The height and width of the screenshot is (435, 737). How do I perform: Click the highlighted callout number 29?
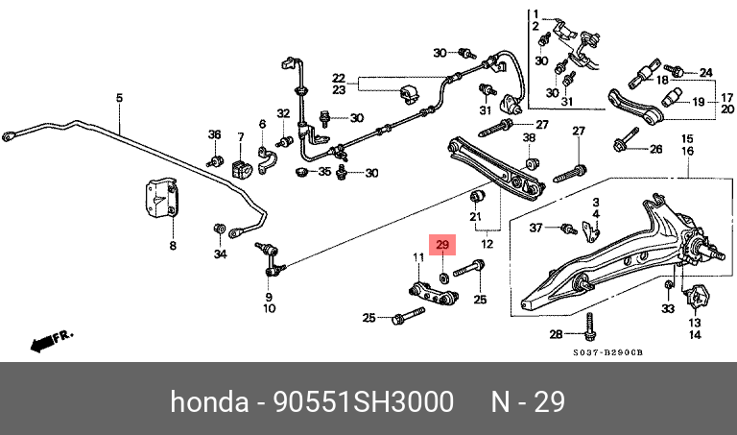(x=442, y=245)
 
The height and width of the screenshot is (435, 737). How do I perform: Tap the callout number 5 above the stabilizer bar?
(x=119, y=98)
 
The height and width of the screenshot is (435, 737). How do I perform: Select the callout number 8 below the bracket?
(x=173, y=245)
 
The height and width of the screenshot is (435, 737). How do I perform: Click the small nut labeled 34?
(x=219, y=229)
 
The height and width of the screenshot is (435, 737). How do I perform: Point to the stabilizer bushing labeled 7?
(x=242, y=168)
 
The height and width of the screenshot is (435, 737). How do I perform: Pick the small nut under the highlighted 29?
(x=443, y=278)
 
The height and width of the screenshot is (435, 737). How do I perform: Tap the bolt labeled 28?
(x=588, y=326)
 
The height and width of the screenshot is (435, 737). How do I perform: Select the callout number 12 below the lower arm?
(x=487, y=244)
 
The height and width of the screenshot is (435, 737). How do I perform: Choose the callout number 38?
(x=530, y=137)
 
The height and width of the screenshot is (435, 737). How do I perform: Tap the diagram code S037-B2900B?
(x=607, y=352)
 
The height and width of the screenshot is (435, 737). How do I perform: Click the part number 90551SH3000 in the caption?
(x=364, y=402)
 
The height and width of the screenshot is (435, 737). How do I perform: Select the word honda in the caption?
(x=209, y=402)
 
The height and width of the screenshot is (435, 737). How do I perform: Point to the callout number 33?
(x=668, y=308)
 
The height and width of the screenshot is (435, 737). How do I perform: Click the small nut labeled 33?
(x=668, y=285)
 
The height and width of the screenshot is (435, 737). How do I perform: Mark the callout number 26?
(x=655, y=149)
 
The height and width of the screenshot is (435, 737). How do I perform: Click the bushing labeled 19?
(x=671, y=97)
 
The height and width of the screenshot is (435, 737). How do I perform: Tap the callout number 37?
(x=535, y=228)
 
